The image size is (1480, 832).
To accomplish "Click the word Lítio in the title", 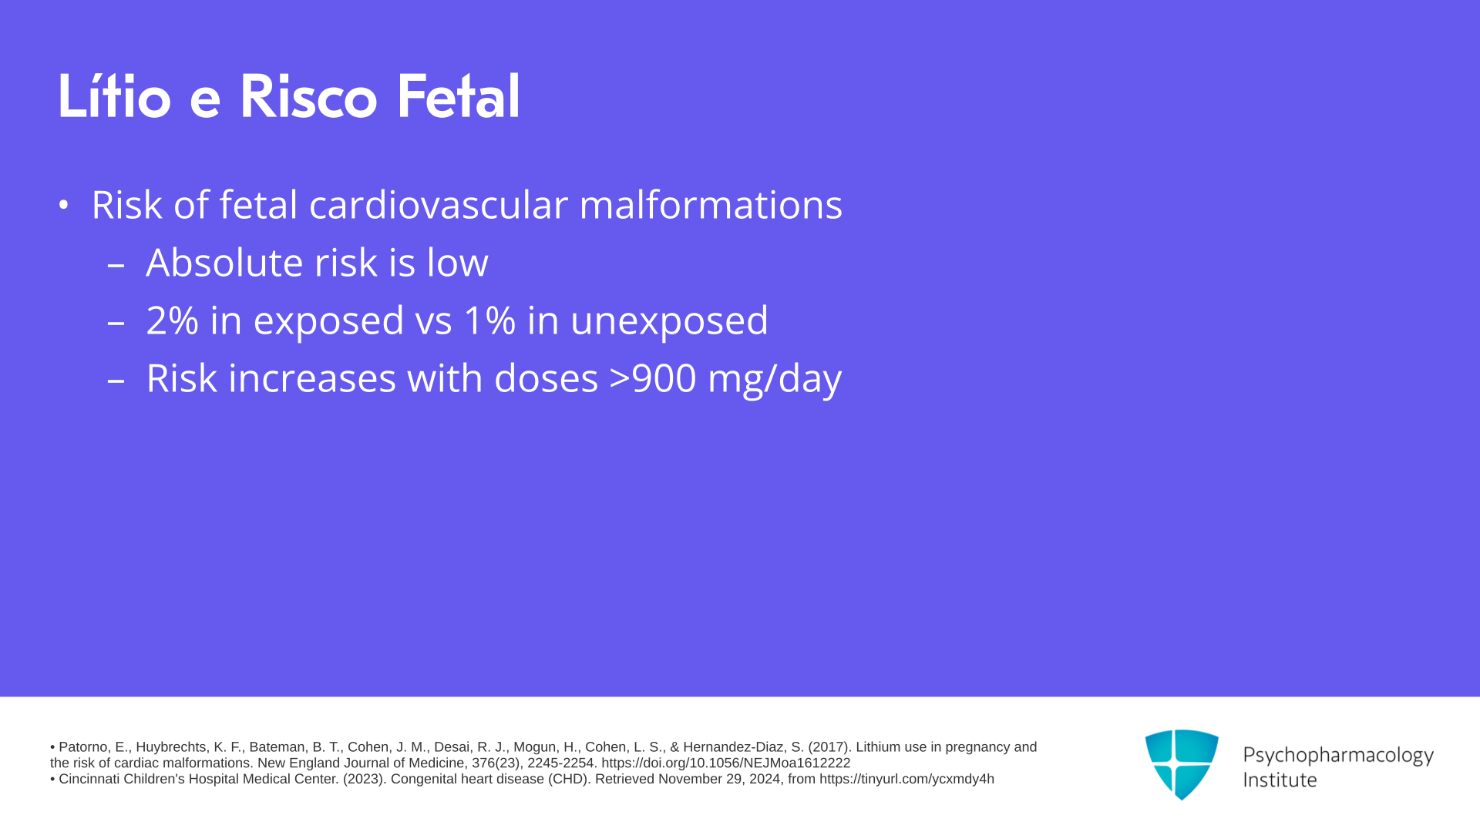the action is pos(114,96).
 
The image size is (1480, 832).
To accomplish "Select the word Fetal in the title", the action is pos(458,96).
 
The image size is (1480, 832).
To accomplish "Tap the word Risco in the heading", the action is pos(308,96).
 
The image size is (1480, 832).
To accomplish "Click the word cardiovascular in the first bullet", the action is pos(439,205).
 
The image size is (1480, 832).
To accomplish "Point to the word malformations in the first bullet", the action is pos(711,205).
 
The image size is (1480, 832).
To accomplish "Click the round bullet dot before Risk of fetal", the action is pos(64,205).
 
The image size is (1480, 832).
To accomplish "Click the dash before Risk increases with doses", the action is pos(116,380).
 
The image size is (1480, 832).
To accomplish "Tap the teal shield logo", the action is pos(1182,765).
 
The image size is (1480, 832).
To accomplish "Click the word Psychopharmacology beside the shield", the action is pos(1338,756).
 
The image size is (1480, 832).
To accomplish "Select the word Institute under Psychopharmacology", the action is pos(1280,780).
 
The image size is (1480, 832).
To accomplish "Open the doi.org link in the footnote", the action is pos(726,763).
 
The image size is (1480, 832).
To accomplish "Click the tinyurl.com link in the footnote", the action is pos(906,780).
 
